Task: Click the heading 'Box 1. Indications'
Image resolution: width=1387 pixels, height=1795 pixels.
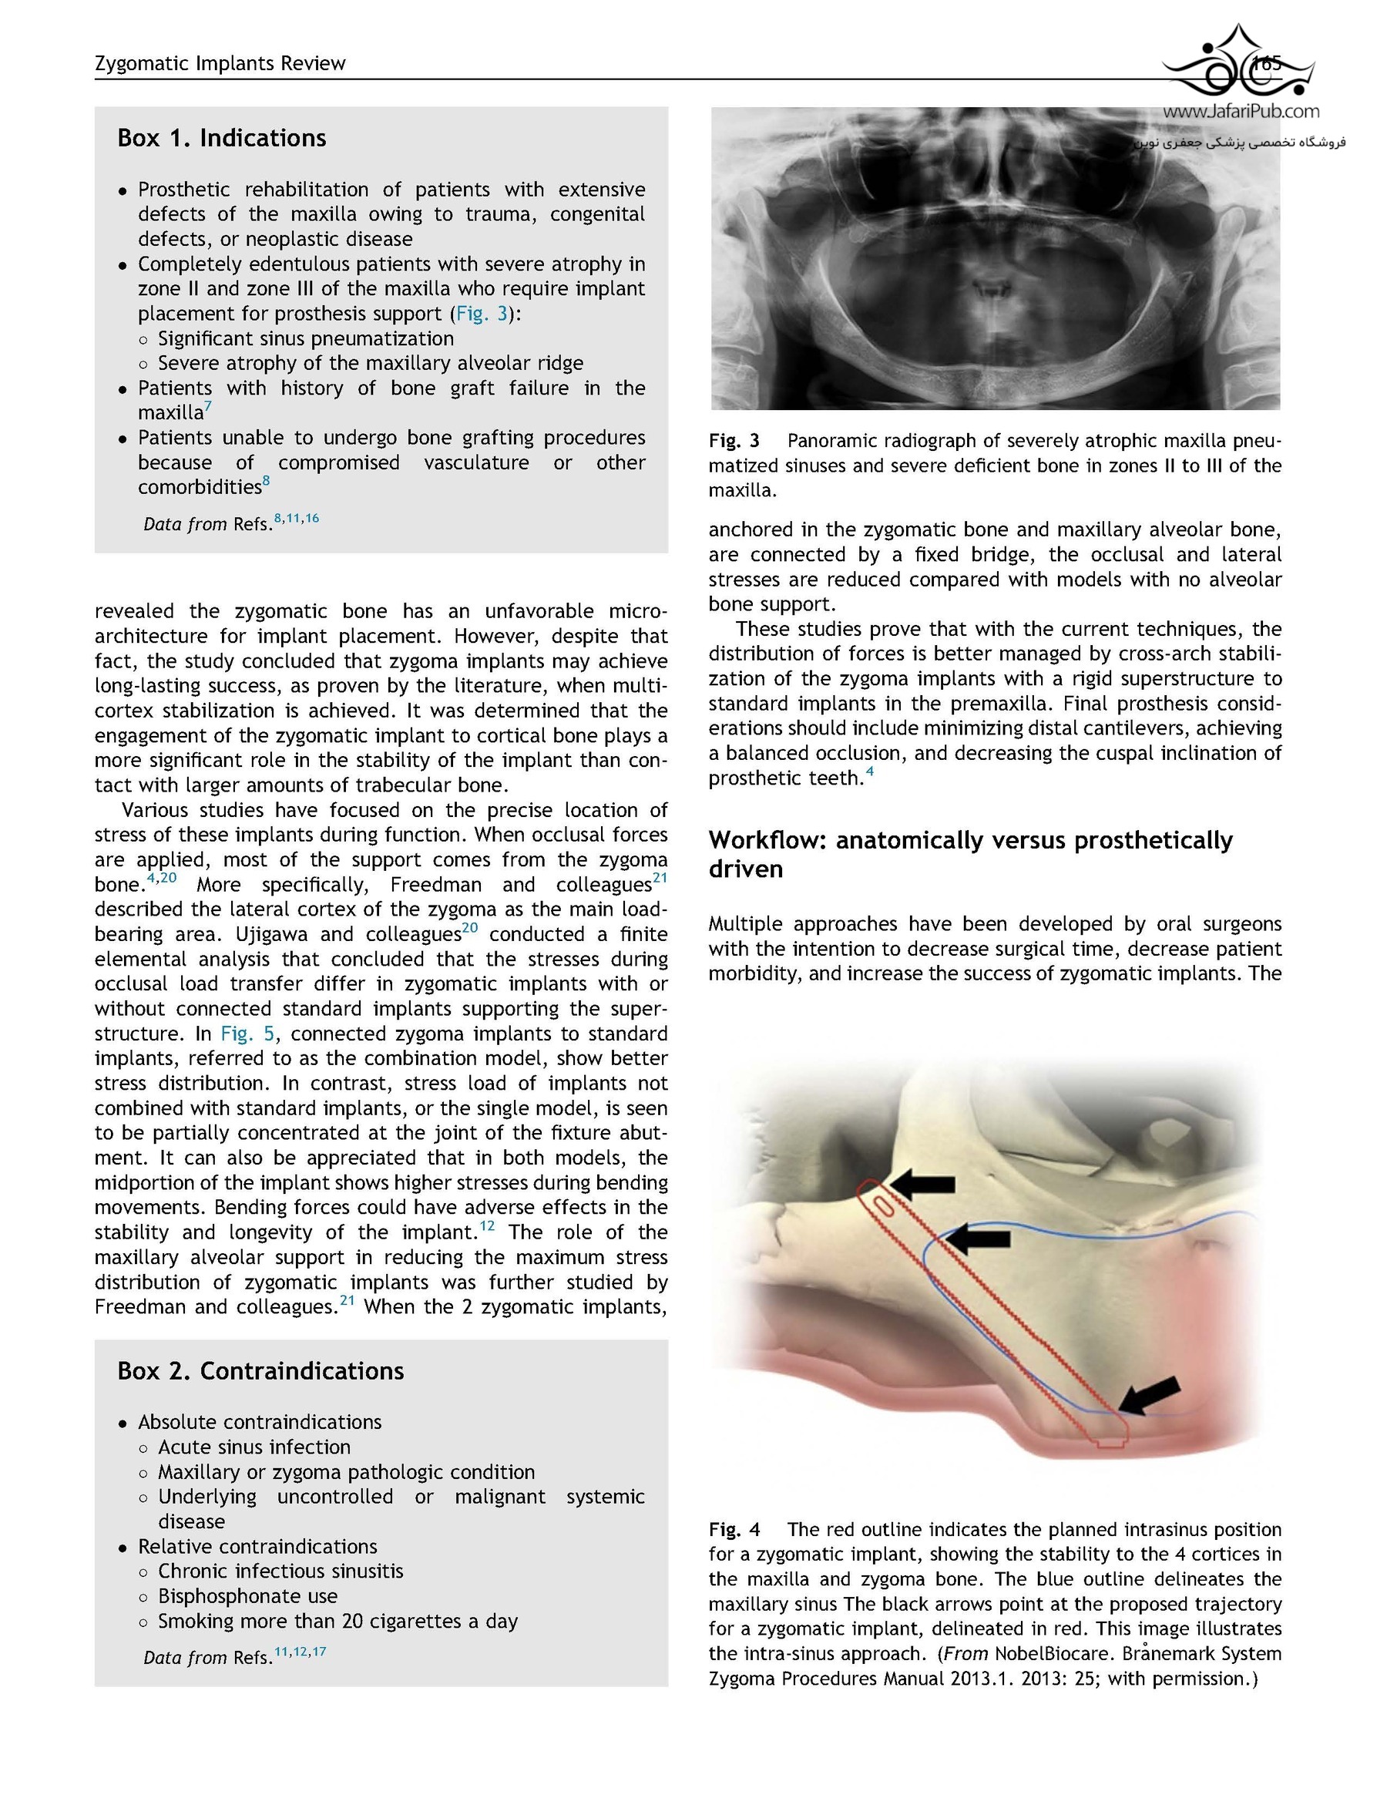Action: point(221,138)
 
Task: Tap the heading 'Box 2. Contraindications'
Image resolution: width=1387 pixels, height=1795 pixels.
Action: point(260,1371)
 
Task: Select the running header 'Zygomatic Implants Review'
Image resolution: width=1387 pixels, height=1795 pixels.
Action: point(220,63)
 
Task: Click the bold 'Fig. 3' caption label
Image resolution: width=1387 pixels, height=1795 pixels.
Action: point(734,442)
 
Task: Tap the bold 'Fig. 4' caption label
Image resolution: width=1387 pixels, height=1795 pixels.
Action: point(734,1530)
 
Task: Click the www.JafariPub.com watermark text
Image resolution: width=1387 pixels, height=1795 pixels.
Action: point(1241,112)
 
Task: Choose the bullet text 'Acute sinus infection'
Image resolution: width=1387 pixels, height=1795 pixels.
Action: point(254,1447)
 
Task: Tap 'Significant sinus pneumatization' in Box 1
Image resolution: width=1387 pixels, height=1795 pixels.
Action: point(306,338)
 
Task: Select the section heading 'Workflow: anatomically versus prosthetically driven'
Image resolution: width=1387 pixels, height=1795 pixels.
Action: point(969,854)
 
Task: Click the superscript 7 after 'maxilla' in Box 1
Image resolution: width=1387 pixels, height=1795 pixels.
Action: point(209,407)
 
